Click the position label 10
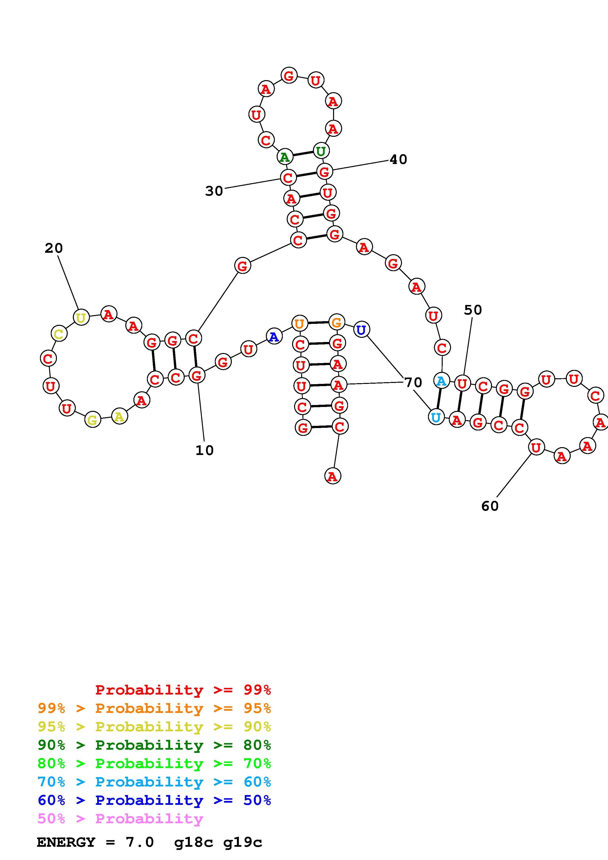pyautogui.click(x=205, y=450)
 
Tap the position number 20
pyautogui.click(x=53, y=248)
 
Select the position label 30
pyautogui.click(x=214, y=191)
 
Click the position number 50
pyautogui.click(x=473, y=310)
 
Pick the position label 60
pyautogui.click(x=490, y=506)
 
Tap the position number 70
pyautogui.click(x=413, y=382)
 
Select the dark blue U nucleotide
pyautogui.click(x=361, y=330)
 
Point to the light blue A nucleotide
pyautogui.click(x=441, y=381)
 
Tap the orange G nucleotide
pyautogui.click(x=336, y=322)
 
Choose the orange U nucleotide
pyautogui.click(x=299, y=324)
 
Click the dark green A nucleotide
pyautogui.click(x=285, y=157)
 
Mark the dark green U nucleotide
pyautogui.click(x=321, y=151)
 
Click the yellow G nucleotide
pyautogui.click(x=92, y=420)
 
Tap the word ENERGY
pyautogui.click(x=66, y=842)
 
